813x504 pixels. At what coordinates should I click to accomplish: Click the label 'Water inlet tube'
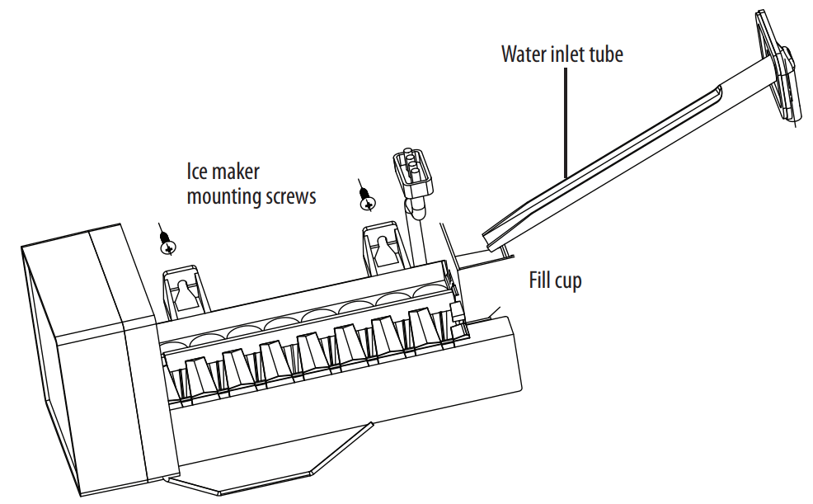562,55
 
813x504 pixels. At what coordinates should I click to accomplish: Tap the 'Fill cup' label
554,280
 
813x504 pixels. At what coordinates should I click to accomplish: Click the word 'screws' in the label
287,197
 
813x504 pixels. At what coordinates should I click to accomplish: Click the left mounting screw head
167,245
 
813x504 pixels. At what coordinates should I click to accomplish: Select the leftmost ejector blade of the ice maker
198,376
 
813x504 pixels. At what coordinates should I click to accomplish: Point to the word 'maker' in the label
236,172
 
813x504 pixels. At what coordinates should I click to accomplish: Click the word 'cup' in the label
568,281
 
